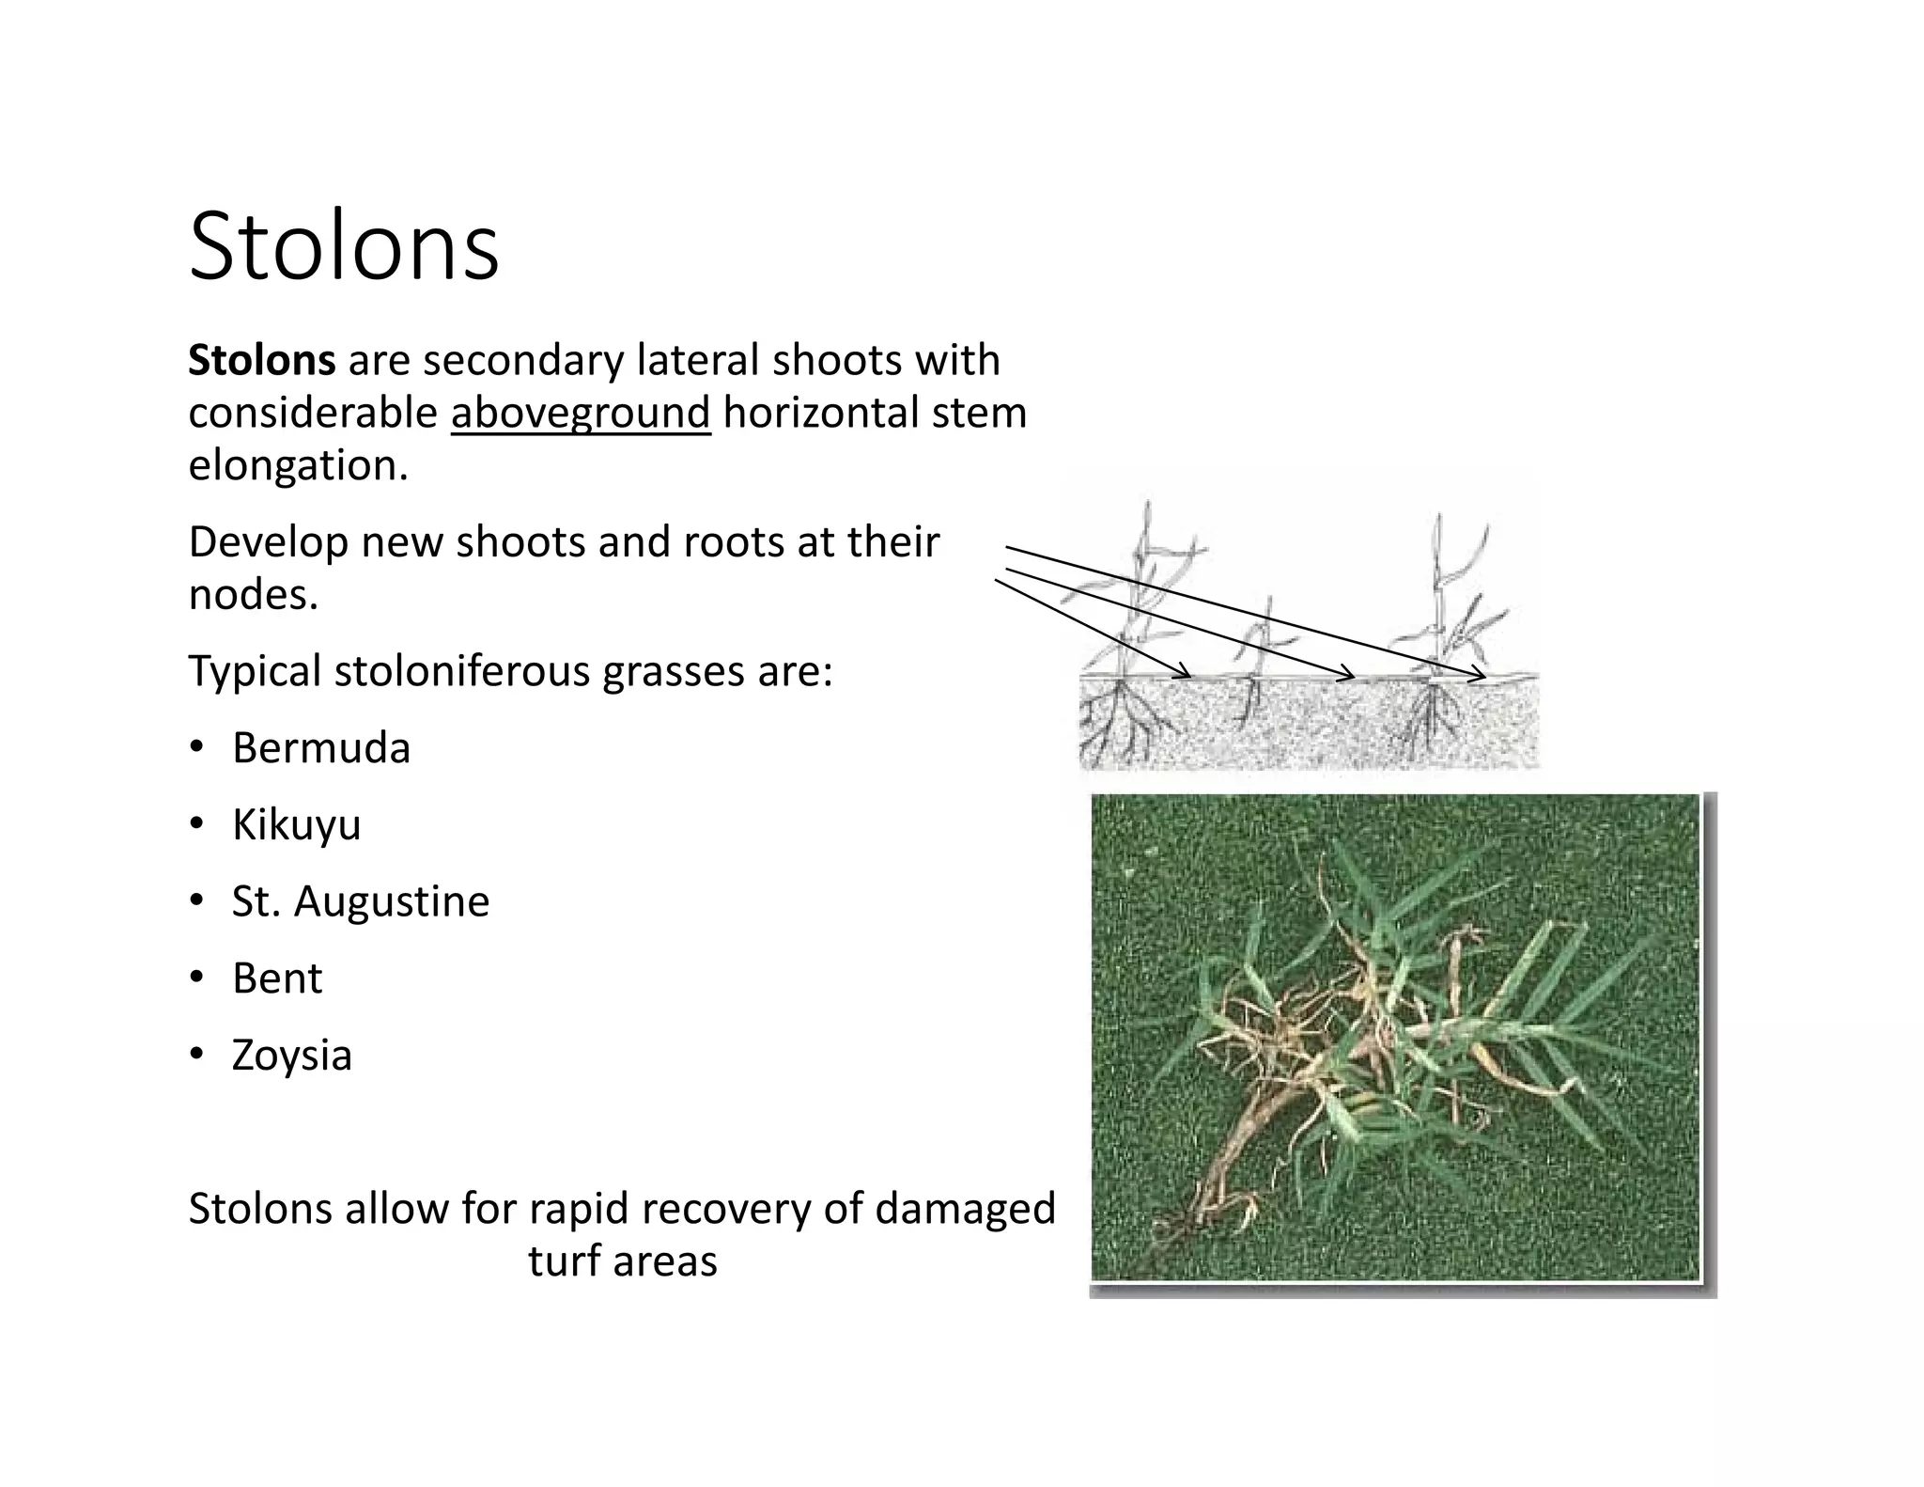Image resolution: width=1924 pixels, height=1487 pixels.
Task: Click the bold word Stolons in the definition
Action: (x=261, y=360)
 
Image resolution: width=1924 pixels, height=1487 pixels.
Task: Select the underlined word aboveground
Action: (x=581, y=414)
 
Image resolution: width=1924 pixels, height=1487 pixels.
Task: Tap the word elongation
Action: (x=298, y=465)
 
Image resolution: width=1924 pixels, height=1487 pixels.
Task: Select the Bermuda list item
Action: (x=321, y=748)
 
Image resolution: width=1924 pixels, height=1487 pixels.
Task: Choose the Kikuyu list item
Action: (x=296, y=825)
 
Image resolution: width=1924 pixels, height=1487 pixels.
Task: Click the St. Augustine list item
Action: (x=361, y=901)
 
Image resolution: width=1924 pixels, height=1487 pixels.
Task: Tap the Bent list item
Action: (x=277, y=978)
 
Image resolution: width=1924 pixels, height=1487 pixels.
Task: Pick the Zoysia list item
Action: (x=291, y=1056)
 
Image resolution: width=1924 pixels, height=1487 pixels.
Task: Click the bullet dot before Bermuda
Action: (x=196, y=748)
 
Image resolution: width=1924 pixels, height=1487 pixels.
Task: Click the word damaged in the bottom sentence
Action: (x=965, y=1209)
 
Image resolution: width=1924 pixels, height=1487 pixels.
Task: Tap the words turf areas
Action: (x=622, y=1261)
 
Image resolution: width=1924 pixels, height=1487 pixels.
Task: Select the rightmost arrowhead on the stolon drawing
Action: (x=1482, y=675)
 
